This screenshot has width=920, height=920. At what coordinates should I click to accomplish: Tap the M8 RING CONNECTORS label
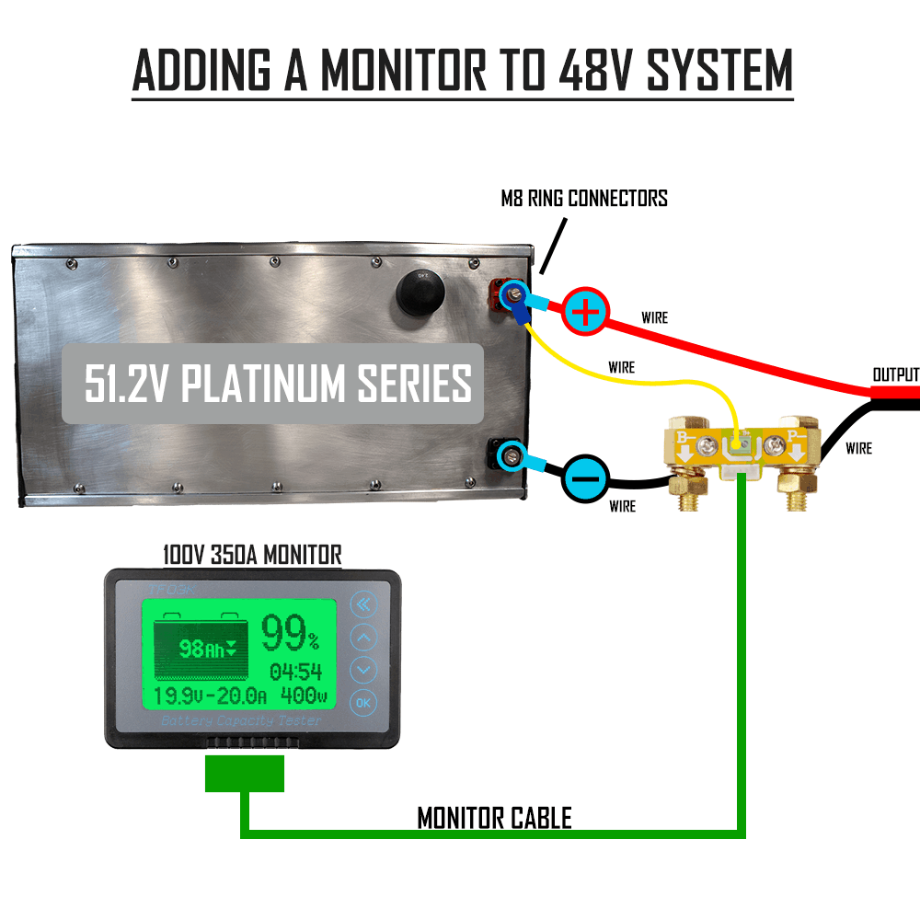[x=584, y=198]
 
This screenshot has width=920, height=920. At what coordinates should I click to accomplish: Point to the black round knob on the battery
[x=420, y=293]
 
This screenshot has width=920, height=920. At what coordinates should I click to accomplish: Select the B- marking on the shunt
[x=685, y=435]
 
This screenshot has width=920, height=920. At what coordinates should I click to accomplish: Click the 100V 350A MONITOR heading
[x=252, y=555]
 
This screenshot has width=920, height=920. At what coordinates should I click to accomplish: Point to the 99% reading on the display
[x=290, y=634]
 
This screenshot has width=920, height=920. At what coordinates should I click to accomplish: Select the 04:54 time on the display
[x=295, y=671]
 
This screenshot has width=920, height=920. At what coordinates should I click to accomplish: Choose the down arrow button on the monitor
[x=365, y=670]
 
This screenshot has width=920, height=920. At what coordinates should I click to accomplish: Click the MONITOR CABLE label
[x=494, y=817]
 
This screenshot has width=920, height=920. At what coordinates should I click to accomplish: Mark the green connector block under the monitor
[x=244, y=774]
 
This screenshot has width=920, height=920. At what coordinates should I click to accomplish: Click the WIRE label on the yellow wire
[x=622, y=367]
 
